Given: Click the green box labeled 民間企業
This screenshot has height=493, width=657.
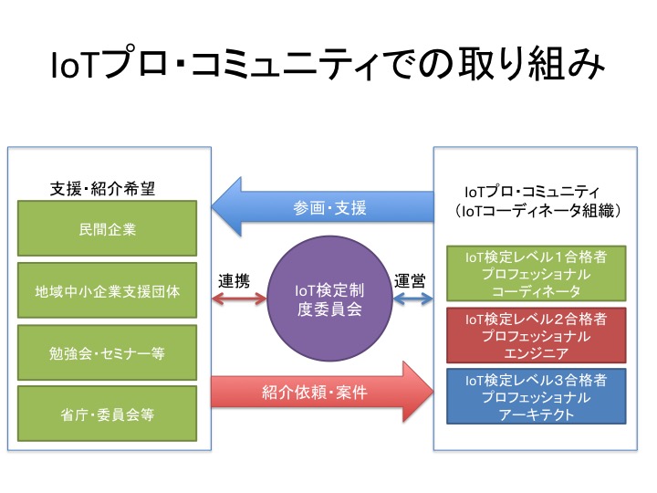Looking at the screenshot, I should [108, 228].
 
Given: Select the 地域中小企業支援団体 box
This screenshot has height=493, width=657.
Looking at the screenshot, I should [108, 290].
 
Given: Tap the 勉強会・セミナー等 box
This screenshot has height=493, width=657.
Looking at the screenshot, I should [108, 352].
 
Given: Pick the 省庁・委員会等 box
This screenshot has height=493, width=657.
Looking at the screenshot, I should [108, 414].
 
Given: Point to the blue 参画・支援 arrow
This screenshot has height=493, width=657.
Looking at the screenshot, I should [328, 208].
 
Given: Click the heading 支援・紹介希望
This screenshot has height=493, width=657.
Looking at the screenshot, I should [101, 189].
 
